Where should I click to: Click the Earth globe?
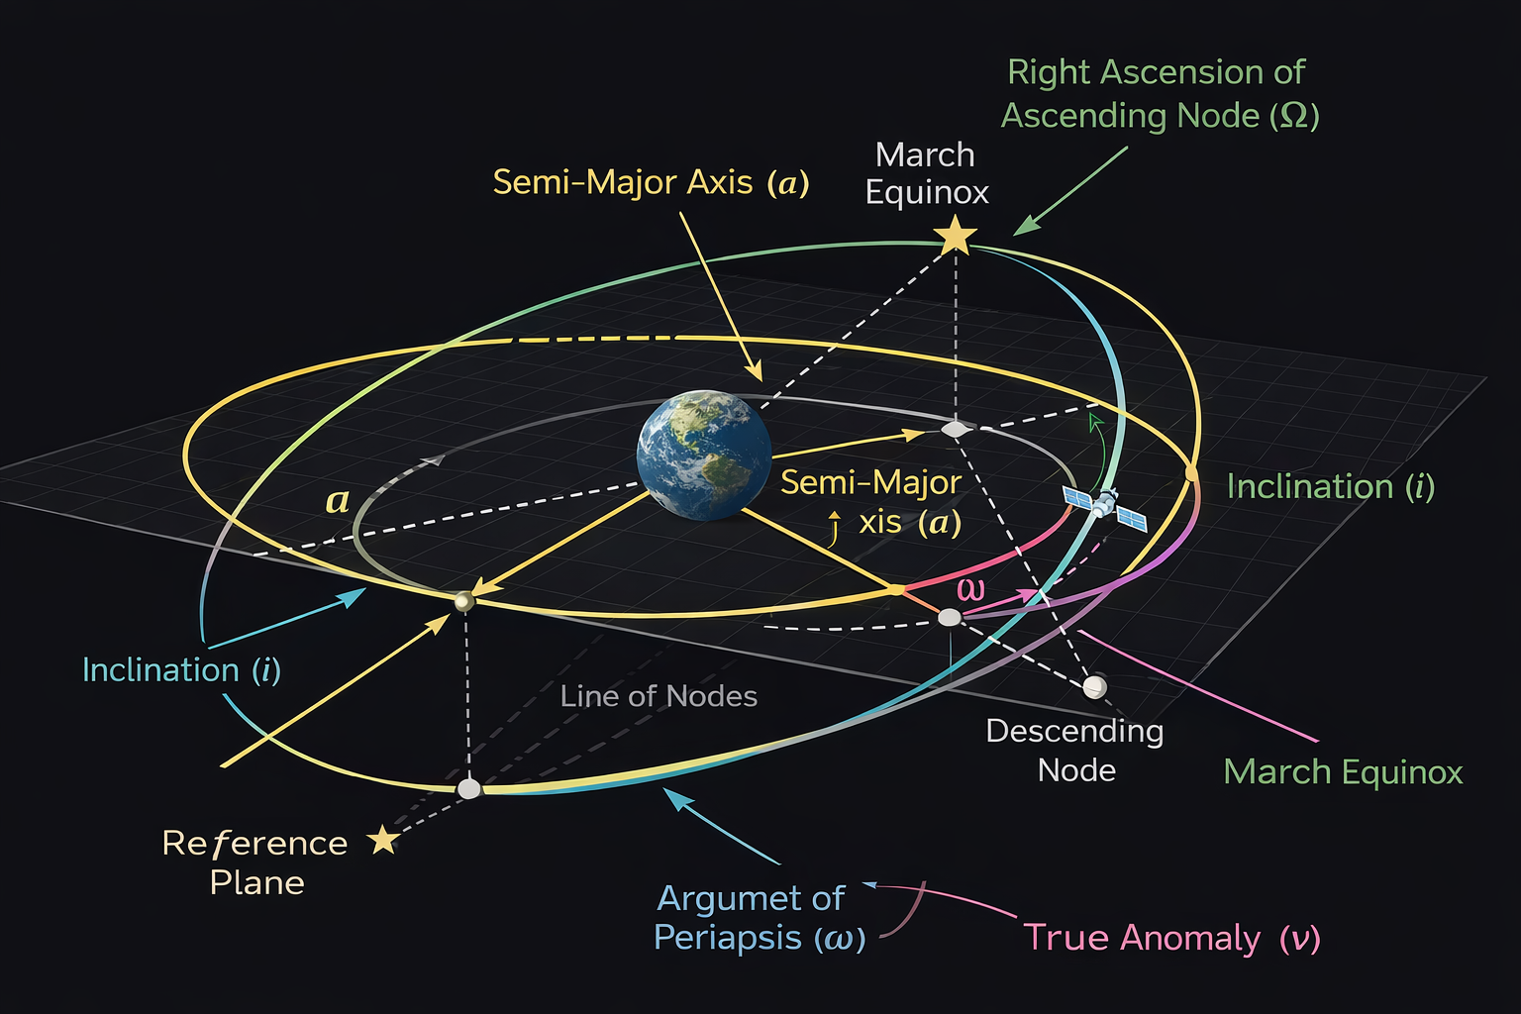704,455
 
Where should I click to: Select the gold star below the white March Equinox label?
956,237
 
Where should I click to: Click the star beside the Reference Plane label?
383,841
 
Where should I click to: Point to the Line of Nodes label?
659,696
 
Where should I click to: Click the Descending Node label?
1075,751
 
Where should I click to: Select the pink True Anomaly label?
1171,937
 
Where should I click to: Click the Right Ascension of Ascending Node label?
1160,94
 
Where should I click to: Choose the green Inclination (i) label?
1330,486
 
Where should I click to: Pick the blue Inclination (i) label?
181,670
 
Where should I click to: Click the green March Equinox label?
1343,771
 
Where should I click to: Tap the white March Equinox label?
927,173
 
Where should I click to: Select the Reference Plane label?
255,862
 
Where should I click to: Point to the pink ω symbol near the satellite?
971,589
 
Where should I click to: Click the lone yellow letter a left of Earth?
338,501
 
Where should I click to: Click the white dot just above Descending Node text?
1094,686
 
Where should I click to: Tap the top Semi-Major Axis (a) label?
651,182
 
